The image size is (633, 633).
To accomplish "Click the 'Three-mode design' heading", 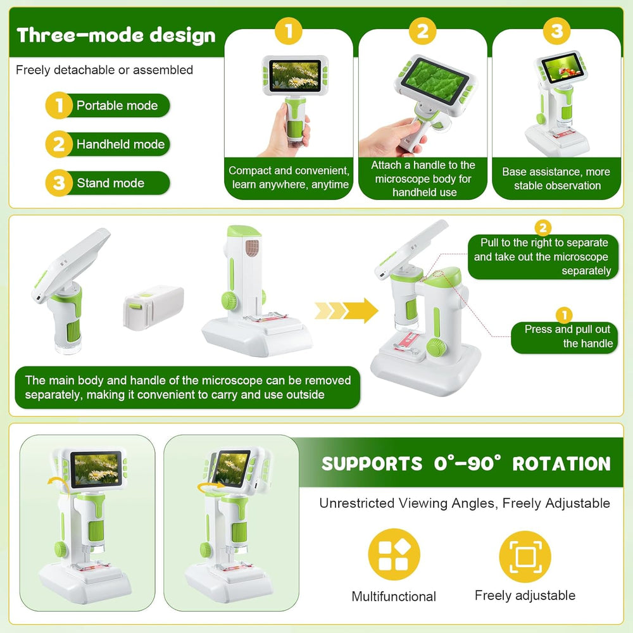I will pos(116,35).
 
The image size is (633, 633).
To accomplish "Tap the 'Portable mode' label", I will pos(117,106).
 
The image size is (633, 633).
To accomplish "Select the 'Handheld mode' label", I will pos(120,144).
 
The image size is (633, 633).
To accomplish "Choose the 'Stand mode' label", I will pos(111,184).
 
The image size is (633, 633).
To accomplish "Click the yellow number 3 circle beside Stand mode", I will pos(59,184).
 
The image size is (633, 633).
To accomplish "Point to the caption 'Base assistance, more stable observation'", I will pos(556,179).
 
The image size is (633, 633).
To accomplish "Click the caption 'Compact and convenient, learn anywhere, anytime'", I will pos(289,177).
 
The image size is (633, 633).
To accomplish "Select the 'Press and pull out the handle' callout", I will pos(565,336).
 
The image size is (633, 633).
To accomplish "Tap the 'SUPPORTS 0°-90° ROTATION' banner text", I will pos(466,463).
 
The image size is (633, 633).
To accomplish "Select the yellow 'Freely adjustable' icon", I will pos(525,556).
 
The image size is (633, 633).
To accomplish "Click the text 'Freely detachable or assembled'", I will pos(104,70).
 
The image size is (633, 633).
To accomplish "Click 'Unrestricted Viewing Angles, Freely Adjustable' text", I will pos(465,503).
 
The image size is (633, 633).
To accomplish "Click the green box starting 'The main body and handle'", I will pos(187,387).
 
